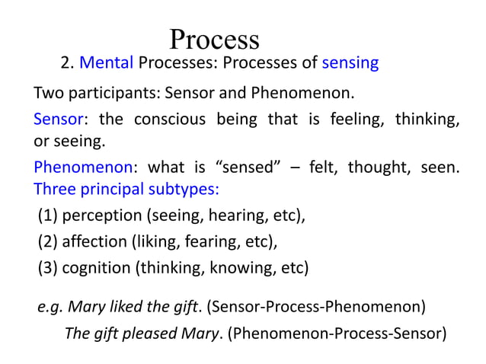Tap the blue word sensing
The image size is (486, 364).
350,63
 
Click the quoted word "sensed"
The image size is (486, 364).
245,167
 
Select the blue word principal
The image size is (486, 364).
107,190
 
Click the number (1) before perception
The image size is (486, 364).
46,216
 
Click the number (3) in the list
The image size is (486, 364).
46,268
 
